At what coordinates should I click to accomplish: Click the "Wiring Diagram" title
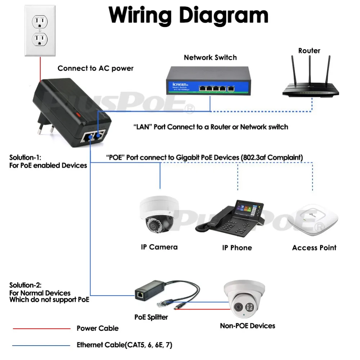[x=188, y=15]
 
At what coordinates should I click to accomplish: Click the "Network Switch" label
[x=210, y=57]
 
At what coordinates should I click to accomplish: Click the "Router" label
[x=309, y=51]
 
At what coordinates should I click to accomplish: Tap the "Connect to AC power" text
[x=95, y=68]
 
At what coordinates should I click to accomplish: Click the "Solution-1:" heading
[x=25, y=158]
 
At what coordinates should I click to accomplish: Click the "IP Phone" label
[x=237, y=248]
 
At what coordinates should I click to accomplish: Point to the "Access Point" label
[x=314, y=248]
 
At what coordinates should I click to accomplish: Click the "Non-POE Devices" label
[x=247, y=326]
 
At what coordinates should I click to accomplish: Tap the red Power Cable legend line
[x=41, y=328]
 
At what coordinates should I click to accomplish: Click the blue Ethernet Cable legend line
[x=41, y=345]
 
